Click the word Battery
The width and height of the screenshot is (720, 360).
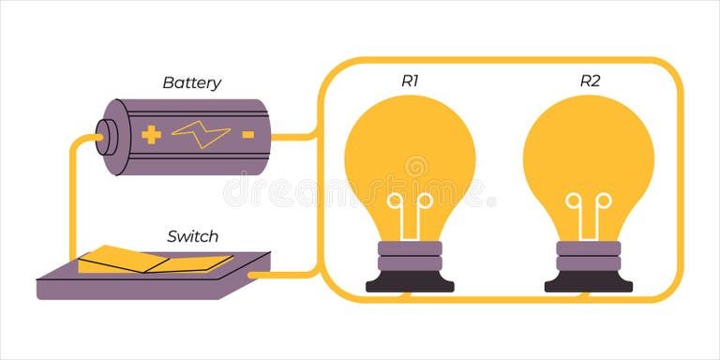pos(191,82)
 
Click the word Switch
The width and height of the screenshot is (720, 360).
pos(192,235)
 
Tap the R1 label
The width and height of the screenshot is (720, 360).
pos(410,81)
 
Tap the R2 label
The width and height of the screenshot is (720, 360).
pos(589,81)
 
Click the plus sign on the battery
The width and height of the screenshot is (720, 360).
pos(151,135)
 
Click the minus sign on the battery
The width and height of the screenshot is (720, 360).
pos(247,135)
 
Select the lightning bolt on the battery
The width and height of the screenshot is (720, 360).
pos(201,135)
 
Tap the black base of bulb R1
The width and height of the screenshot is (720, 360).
pos(410,282)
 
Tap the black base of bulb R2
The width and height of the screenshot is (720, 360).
pos(589,282)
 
